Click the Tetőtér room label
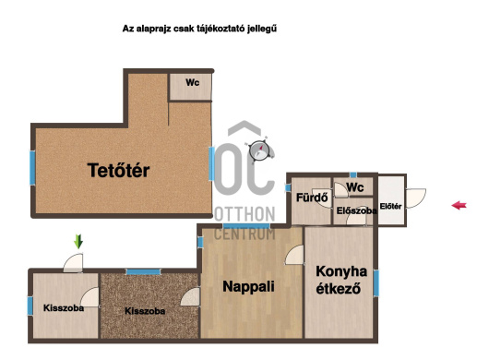118,171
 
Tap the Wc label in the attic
193,83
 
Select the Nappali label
248,286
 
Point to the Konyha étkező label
340,280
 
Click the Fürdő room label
312,198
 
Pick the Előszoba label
356,210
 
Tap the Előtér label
391,206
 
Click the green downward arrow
78,242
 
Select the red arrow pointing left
459,205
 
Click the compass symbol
258,150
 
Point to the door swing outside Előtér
416,198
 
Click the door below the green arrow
73,263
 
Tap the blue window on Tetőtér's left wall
32,168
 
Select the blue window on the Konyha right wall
376,283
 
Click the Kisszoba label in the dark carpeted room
145,311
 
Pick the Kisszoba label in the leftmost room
64,308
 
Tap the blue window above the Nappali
246,226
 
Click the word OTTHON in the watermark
244,214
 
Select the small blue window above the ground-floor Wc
353,175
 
